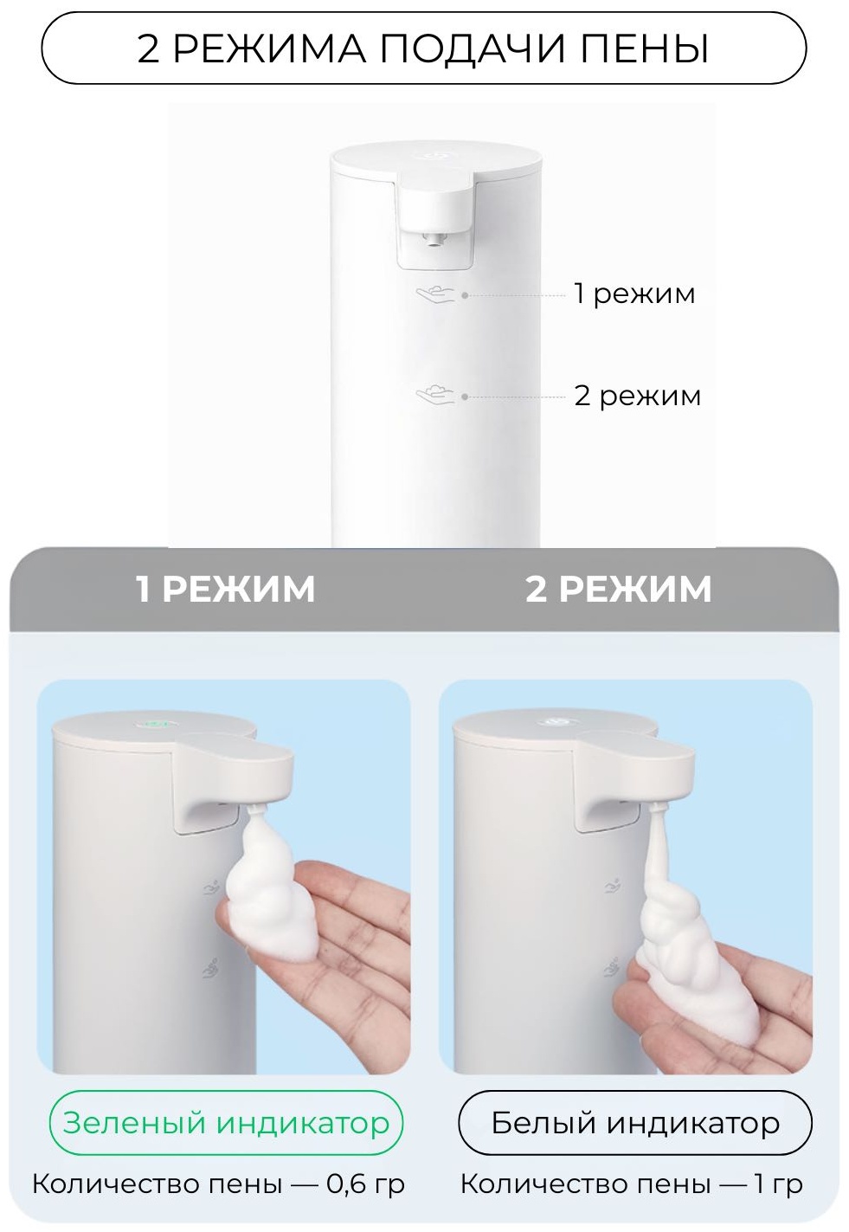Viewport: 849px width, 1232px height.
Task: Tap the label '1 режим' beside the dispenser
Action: (634, 293)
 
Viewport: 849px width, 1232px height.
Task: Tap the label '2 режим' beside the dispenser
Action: (637, 396)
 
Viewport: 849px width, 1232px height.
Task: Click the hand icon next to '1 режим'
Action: (436, 295)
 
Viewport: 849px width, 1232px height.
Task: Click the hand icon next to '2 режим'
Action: (436, 396)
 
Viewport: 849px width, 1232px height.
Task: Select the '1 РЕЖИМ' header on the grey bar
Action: (225, 589)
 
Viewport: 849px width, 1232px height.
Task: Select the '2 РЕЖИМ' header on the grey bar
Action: (618, 589)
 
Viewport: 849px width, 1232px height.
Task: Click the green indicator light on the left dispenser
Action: (155, 725)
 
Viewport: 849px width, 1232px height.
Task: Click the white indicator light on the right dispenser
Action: (556, 720)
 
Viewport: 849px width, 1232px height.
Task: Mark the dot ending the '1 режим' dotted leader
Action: (465, 295)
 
